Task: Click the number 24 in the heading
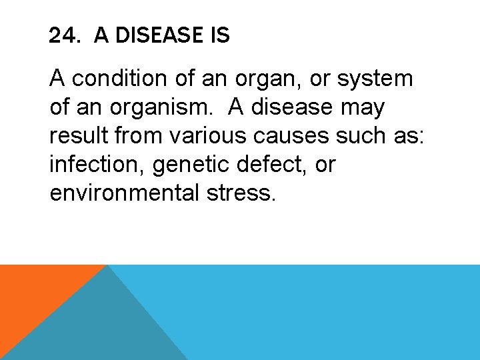click(x=62, y=35)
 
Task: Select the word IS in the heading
click(x=219, y=35)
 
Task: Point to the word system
click(x=375, y=79)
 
